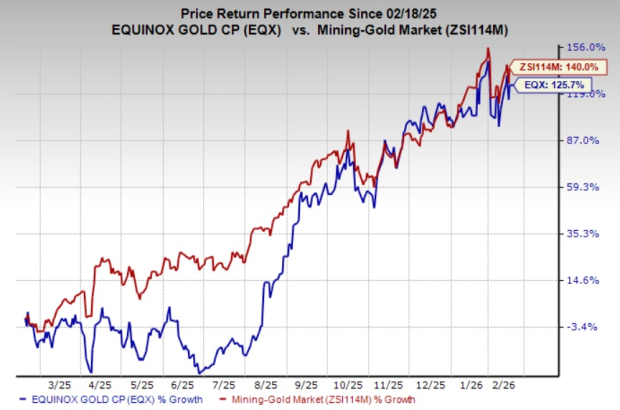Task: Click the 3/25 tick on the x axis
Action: [59, 384]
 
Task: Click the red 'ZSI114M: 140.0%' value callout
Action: [548, 66]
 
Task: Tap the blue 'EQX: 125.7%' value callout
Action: [548, 86]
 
